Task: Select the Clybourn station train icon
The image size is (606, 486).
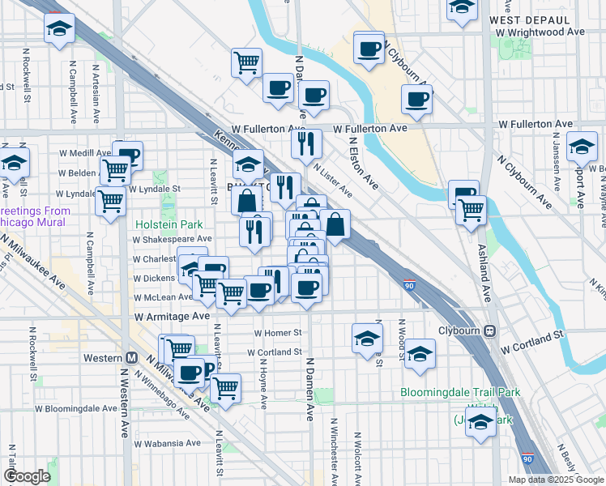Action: point(489,331)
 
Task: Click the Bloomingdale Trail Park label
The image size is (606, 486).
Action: point(460,393)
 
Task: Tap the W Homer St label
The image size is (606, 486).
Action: point(278,333)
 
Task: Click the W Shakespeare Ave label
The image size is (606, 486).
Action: point(173,240)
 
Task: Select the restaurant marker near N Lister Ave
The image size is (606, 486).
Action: point(306,143)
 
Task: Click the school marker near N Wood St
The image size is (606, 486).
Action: point(420,353)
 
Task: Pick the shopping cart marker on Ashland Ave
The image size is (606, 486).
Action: point(471,209)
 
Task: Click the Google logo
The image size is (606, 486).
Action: point(28,476)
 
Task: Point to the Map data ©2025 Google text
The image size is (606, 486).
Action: point(556,480)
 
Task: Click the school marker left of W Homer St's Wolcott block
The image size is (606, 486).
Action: point(367,338)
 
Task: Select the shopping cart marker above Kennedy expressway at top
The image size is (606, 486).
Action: point(246,62)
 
